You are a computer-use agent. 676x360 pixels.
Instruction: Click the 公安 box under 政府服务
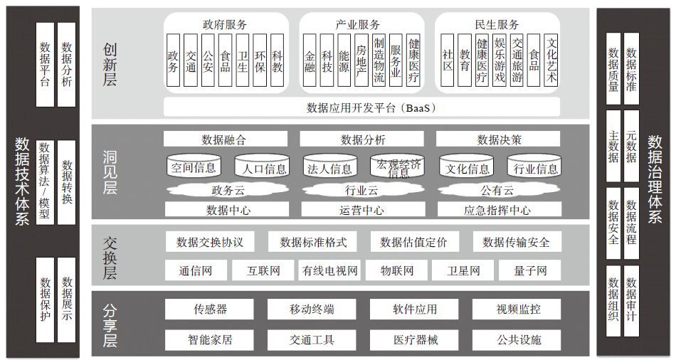click(x=208, y=60)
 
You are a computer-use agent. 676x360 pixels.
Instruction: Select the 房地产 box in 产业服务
click(x=361, y=60)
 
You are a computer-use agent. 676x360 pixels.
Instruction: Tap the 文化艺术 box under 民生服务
click(x=551, y=60)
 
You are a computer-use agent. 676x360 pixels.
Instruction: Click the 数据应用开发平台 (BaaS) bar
click(x=361, y=107)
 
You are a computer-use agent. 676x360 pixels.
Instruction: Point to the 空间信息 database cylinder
click(x=194, y=166)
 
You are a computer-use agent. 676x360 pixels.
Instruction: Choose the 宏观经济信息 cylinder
click(x=398, y=166)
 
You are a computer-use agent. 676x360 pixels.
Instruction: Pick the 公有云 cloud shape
click(x=498, y=189)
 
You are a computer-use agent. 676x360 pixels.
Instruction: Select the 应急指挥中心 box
click(x=500, y=210)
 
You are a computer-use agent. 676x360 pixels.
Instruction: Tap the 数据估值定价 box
click(x=414, y=242)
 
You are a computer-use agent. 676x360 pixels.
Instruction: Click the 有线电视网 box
click(x=330, y=270)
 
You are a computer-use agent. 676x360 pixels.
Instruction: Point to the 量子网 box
click(x=530, y=270)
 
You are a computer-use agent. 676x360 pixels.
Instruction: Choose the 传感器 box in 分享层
click(x=209, y=309)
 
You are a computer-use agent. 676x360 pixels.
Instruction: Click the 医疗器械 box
click(x=414, y=340)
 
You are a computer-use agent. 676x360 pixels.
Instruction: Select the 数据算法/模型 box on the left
click(x=45, y=182)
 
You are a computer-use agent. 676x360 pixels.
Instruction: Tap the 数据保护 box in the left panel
click(x=45, y=300)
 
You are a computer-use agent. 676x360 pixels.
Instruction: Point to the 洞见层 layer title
click(x=110, y=172)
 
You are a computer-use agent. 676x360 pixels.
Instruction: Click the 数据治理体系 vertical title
click(x=655, y=179)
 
